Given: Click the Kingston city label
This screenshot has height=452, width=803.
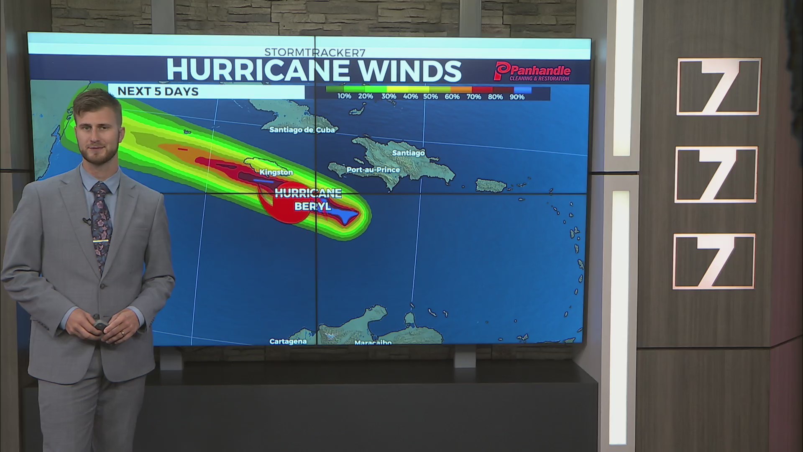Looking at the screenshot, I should coord(276,172).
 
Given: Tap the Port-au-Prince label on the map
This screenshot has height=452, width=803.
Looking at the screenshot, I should coord(373,170).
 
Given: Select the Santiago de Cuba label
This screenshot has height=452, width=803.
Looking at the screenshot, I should coord(302,130).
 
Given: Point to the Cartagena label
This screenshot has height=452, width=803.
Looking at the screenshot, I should coord(288,342).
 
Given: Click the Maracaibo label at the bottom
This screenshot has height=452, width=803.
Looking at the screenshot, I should coord(373,343).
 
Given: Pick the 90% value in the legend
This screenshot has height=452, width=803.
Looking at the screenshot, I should coord(517,97).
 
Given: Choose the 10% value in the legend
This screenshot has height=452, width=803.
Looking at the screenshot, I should coord(344,96).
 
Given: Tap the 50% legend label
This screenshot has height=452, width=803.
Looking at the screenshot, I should coord(430,97).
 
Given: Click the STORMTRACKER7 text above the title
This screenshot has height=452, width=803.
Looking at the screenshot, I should coord(315,52).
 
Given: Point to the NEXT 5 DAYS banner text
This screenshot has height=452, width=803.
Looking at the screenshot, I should coord(158,91).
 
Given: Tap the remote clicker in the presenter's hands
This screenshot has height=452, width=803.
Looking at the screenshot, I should coord(101,325).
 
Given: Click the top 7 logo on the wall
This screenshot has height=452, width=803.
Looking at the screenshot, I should coord(718,87).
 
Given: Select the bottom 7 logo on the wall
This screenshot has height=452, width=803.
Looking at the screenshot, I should coord(714,262).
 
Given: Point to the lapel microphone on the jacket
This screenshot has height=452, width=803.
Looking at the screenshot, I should coord(86,220).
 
